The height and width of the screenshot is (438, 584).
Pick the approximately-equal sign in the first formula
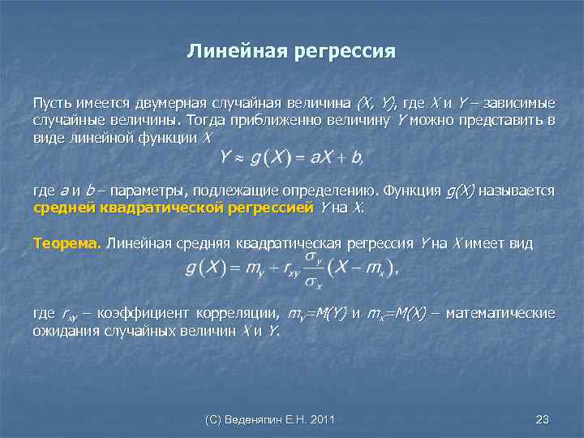click(x=238, y=157)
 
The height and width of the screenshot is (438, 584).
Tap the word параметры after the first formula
click(x=147, y=191)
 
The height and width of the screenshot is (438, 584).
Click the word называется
click(x=517, y=191)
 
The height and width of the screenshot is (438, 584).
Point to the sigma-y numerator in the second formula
click(x=313, y=258)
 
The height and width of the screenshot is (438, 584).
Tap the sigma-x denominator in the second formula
click(x=313, y=284)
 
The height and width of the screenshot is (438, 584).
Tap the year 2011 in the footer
click(x=322, y=419)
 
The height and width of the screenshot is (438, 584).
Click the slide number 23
click(x=543, y=419)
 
